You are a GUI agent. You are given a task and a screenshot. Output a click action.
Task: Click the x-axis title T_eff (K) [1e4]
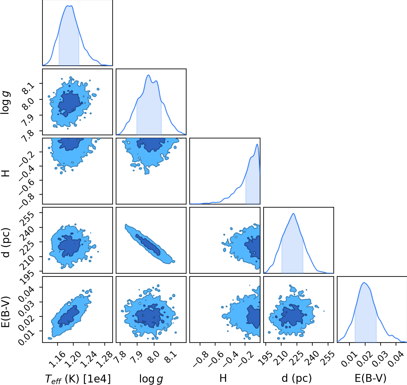(x=78, y=379)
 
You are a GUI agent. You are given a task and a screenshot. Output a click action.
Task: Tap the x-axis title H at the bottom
(x=223, y=378)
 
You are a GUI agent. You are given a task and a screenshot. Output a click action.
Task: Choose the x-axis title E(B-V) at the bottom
(x=371, y=378)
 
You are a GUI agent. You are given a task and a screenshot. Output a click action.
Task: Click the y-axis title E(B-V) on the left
(x=6, y=311)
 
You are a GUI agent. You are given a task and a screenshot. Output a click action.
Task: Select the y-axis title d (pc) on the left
(x=6, y=243)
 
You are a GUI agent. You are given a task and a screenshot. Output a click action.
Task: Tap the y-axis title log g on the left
(x=6, y=103)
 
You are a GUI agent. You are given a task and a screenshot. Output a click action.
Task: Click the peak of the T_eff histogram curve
(x=69, y=6)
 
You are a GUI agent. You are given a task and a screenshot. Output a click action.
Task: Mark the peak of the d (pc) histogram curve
(x=293, y=214)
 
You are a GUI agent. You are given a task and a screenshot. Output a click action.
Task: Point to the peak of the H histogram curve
(x=257, y=144)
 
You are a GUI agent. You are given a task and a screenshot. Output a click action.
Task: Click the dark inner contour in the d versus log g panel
(x=148, y=245)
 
